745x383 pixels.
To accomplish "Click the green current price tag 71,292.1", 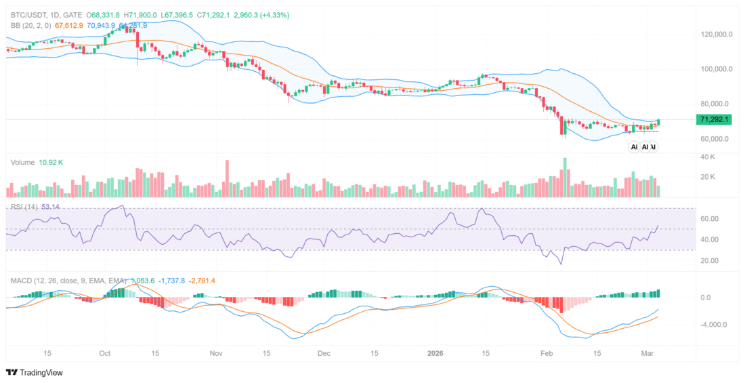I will pos(715,119).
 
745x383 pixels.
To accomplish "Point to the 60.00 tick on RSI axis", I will pos(710,219).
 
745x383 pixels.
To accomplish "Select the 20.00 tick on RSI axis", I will pos(710,260).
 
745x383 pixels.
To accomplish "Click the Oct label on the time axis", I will pos(104,353).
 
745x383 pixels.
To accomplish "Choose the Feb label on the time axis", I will pos(546,353).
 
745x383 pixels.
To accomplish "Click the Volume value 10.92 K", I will pos(51,163).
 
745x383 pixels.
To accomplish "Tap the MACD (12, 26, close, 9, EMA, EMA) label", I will pos(68,280).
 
